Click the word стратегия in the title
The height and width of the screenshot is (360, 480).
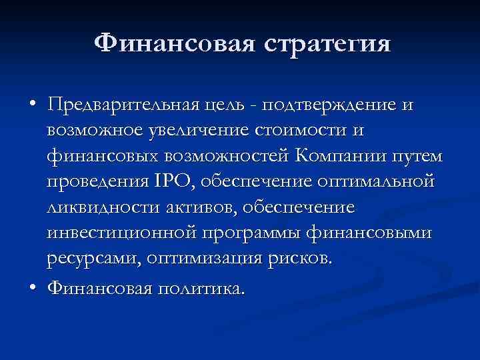coord(327,45)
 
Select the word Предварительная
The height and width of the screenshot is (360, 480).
coord(121,105)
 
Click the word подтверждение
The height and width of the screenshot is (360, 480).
coord(331,105)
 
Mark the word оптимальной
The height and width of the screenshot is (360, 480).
coord(378,181)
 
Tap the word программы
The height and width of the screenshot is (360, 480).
coord(257,233)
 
